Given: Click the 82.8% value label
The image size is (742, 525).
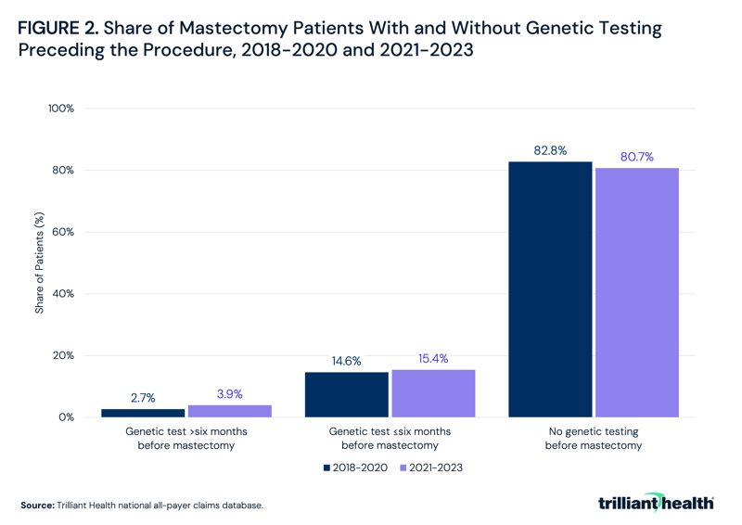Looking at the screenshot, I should point(550,150).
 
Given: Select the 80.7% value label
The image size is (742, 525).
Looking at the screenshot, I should point(636,157).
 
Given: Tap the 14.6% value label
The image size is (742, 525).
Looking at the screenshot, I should point(346,361).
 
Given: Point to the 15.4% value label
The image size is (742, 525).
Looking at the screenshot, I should point(433,358).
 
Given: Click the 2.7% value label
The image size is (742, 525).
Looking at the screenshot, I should point(143,398).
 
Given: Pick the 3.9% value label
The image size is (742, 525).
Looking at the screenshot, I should point(229,394).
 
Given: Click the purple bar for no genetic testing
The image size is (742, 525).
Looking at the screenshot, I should point(636,292).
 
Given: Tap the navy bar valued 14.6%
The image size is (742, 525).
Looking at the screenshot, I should point(346,394).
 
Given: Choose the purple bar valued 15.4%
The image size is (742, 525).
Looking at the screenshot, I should point(433,393).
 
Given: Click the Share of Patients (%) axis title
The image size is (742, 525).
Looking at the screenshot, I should point(40,263).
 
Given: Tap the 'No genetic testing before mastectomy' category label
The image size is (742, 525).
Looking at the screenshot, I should point(593,439).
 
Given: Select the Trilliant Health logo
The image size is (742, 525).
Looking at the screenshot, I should point(656,503).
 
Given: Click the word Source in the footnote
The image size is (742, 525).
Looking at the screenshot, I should point(36,506).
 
